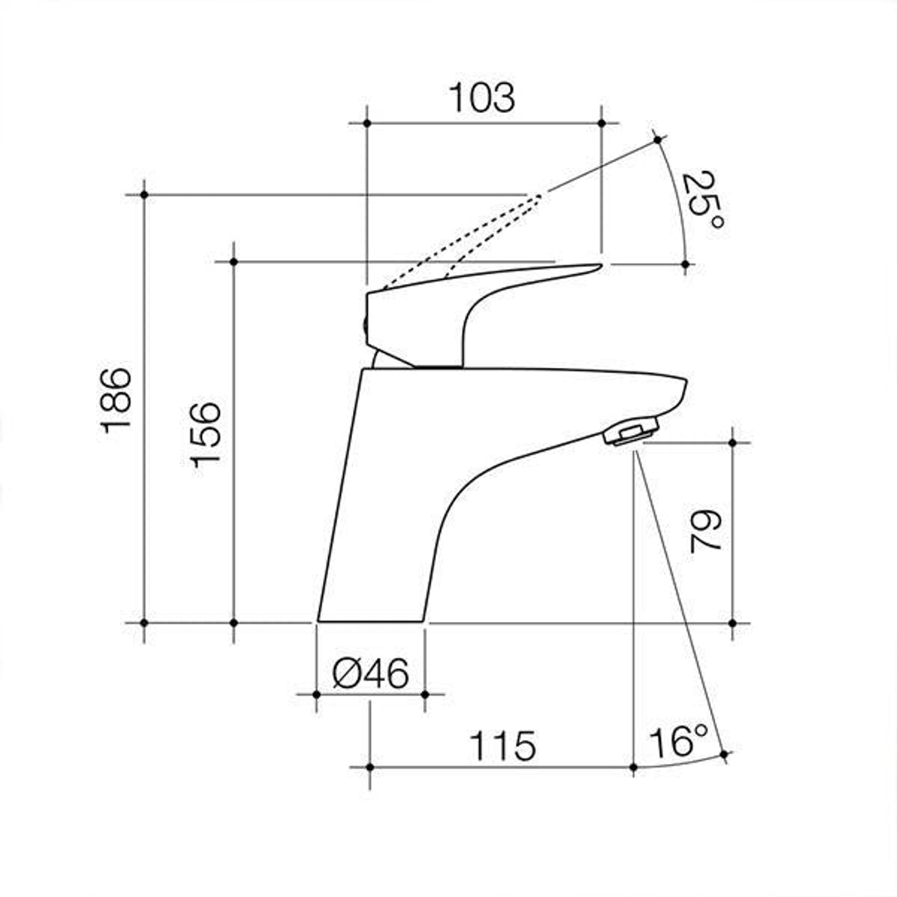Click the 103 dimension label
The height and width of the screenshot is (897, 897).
click(482, 98)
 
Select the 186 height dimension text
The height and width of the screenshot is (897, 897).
click(117, 399)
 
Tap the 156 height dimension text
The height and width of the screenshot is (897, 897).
click(206, 434)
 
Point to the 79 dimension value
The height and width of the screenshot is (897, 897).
click(707, 532)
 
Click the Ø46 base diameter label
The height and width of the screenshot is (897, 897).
click(370, 674)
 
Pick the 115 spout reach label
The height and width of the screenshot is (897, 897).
click(502, 747)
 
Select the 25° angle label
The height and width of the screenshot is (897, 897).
click(703, 200)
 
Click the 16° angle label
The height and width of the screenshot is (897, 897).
click(679, 742)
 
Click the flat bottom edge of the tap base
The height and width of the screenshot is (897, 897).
click(370, 621)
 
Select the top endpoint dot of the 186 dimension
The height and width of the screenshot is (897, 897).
click(144, 194)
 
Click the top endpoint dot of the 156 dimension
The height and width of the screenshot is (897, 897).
click(233, 262)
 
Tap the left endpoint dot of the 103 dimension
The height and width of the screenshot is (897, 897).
click(366, 123)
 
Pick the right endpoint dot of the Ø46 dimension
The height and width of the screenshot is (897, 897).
click(424, 694)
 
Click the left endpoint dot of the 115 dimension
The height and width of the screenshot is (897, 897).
click(370, 767)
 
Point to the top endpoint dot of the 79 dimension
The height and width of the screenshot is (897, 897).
click(732, 443)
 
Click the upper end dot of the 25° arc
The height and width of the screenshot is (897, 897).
click(658, 140)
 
